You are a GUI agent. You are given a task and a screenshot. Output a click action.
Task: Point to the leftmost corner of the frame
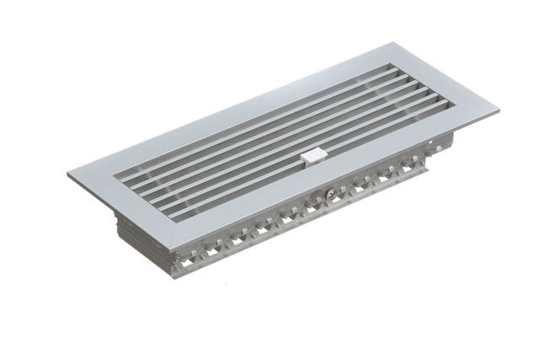click(68, 175)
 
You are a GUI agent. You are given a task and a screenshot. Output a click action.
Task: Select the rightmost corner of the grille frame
click(498, 109)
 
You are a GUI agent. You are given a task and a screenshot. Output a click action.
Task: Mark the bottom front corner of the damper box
click(181, 275)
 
